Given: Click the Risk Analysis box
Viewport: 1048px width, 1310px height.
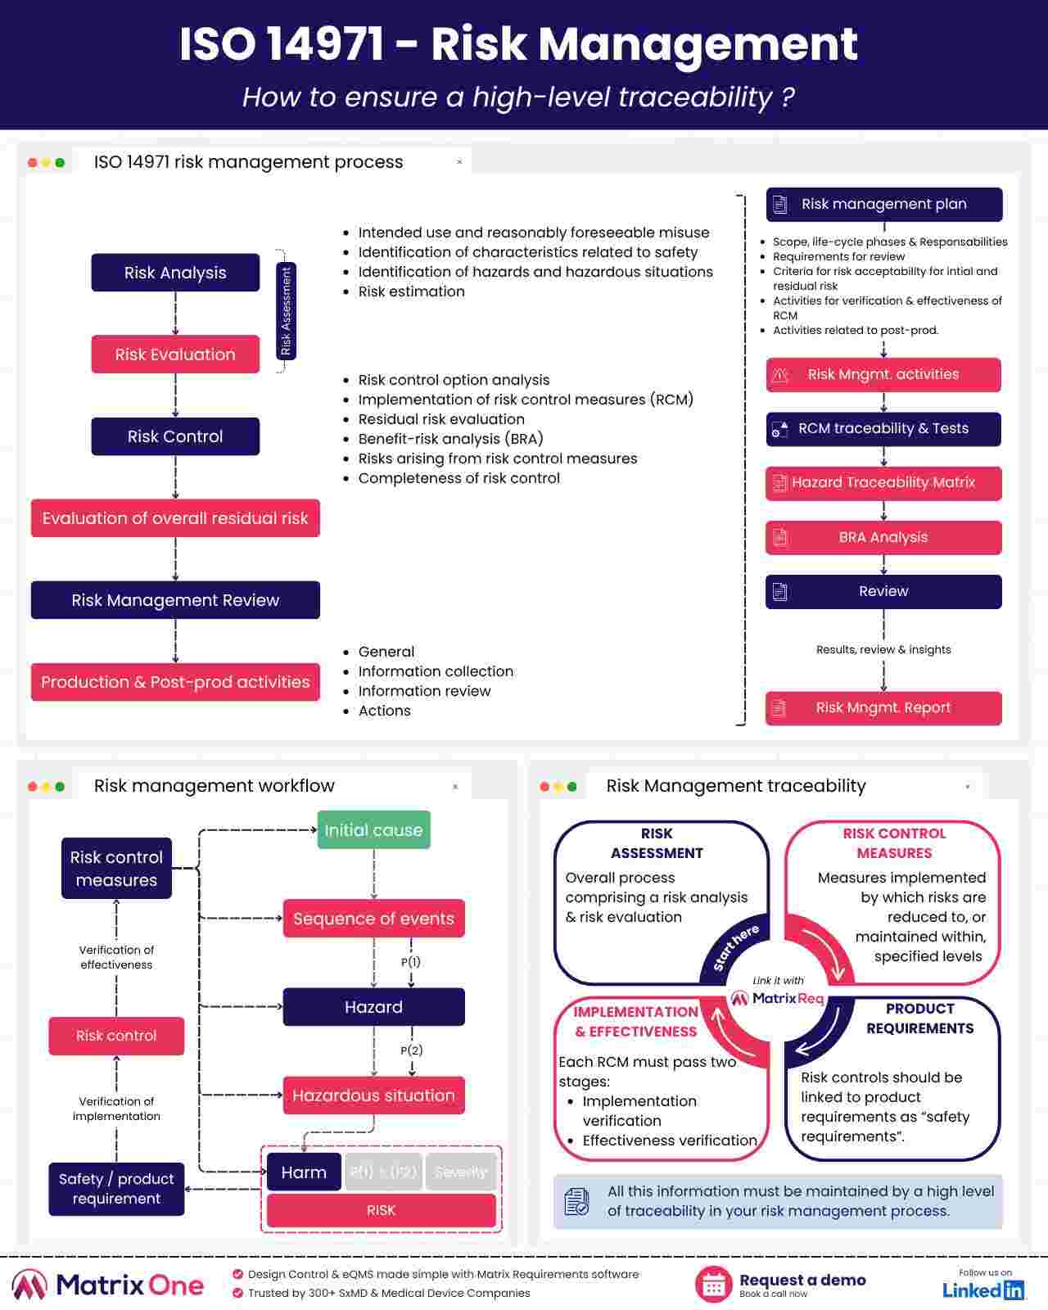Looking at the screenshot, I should coord(175,273).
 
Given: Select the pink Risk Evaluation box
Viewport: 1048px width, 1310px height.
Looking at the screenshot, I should coord(175,355).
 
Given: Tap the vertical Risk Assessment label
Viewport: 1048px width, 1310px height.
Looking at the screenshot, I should coord(286,311).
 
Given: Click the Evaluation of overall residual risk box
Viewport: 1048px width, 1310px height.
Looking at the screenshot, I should coord(175,518).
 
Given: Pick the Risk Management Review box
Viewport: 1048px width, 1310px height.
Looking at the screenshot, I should coord(175,600).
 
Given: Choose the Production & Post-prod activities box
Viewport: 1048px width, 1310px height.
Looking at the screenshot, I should coord(175,682).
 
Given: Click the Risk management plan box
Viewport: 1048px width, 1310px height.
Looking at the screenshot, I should coord(884,205).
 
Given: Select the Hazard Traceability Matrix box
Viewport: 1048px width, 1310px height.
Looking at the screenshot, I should coord(883,483).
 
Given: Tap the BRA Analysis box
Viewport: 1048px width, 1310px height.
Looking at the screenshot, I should coord(883,538).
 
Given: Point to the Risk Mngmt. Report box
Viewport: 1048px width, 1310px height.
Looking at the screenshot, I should coord(883,708).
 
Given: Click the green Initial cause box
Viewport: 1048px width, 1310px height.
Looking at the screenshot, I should coord(373,830).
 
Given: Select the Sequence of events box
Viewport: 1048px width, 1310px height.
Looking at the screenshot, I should coord(373,919).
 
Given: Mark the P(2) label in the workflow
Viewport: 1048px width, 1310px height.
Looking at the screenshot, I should coord(411,1050).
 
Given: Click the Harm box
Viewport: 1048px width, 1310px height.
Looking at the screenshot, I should coord(304,1172).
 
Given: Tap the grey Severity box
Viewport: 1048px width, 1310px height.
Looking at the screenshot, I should coord(460,1172).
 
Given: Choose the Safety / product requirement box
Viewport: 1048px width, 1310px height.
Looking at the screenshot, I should coord(116,1189).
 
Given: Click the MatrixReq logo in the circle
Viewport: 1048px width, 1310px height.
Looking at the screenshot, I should coord(778,999).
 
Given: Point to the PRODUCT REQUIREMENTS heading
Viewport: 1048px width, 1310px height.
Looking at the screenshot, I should coord(919,1019).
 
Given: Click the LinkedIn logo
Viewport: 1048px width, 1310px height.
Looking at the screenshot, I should coord(983,1290).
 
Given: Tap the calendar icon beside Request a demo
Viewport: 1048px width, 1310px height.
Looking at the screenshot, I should coord(713,1285).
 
